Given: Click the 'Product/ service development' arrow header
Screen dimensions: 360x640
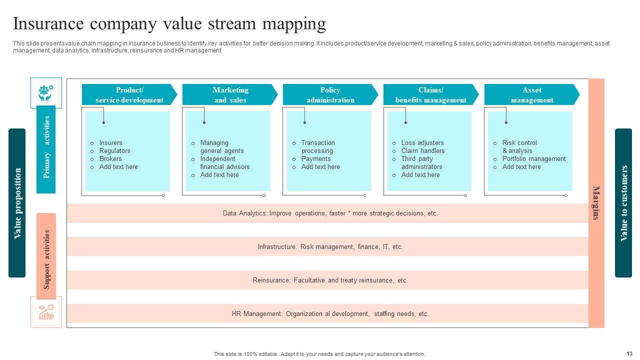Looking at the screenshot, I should [129, 95].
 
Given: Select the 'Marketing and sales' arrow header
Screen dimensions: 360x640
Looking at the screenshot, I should [230, 95].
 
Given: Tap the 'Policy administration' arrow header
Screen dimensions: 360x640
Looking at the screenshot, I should [330, 95].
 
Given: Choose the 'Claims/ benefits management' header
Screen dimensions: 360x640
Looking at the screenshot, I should [430, 95].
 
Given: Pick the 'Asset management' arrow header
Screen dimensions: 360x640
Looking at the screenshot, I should [531, 95].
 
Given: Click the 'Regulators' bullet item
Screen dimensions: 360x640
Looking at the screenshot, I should [114, 151].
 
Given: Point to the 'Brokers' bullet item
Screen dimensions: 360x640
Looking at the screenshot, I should [110, 159].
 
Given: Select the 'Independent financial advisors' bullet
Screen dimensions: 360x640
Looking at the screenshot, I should [224, 163].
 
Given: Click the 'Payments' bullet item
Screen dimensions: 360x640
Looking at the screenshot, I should [315, 159].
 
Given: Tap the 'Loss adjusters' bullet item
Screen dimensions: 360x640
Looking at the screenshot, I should [422, 143].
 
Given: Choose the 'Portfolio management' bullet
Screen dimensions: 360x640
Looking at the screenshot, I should [533, 159].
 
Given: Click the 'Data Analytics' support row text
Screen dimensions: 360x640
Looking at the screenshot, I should [330, 213].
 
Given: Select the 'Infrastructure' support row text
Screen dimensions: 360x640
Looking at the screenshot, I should [330, 247].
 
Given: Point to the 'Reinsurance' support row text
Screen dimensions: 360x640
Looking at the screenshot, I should [330, 280].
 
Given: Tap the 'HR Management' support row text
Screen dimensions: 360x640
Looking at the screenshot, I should [330, 314].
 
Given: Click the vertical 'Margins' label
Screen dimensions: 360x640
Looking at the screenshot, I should [596, 202].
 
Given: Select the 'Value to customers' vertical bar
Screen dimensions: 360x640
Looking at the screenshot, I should [623, 203].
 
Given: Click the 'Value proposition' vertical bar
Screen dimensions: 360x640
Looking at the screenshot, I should [17, 203].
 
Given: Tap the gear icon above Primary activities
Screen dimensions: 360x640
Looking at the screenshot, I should [46, 92].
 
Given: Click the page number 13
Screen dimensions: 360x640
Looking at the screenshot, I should [629, 353].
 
